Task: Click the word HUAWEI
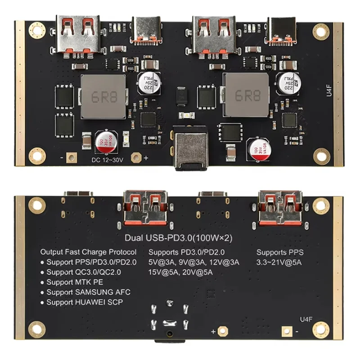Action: (x=86, y=302)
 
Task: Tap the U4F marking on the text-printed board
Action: (x=305, y=319)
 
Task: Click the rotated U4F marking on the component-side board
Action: (x=328, y=92)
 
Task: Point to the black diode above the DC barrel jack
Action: (x=182, y=95)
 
